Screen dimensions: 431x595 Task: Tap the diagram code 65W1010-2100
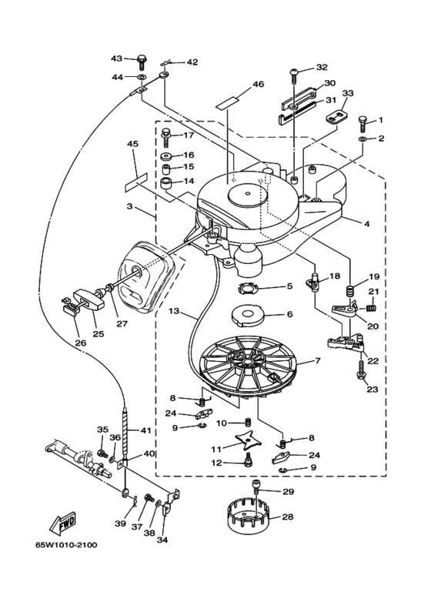pyautogui.click(x=67, y=545)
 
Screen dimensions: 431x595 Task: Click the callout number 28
pyautogui.click(x=287, y=516)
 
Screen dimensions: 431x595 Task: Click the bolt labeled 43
pyautogui.click(x=142, y=61)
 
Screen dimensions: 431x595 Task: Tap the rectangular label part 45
pyautogui.click(x=135, y=182)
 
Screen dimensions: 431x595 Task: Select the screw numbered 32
pyautogui.click(x=295, y=75)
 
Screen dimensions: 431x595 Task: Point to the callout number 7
pyautogui.click(x=318, y=360)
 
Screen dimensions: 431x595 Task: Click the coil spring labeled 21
pyautogui.click(x=373, y=305)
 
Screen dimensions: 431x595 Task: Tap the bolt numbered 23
pyautogui.click(x=361, y=369)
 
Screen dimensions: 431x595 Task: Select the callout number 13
pyautogui.click(x=174, y=311)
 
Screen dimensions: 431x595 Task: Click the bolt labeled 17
pyautogui.click(x=167, y=138)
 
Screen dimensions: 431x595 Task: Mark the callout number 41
pyautogui.click(x=145, y=430)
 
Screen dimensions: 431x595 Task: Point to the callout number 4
pyautogui.click(x=366, y=224)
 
